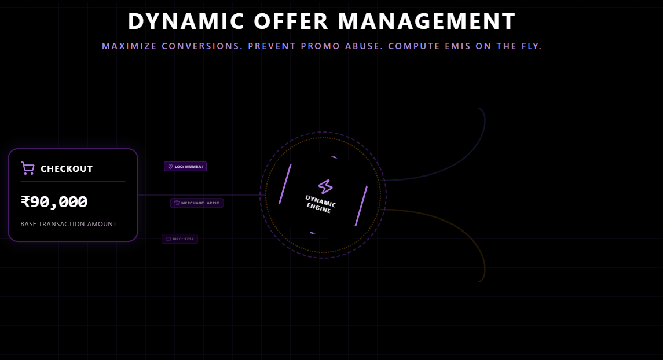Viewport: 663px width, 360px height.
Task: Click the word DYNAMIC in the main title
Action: [x=177, y=21]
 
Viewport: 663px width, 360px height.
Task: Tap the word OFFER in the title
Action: [x=282, y=21]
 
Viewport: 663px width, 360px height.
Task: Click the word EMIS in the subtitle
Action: [x=454, y=46]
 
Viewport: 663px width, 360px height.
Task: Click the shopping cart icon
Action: [x=27, y=168]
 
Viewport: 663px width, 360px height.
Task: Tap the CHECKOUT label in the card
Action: [x=67, y=169]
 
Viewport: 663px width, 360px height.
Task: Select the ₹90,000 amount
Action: [x=54, y=202]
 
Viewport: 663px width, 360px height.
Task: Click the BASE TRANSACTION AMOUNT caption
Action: [x=68, y=224]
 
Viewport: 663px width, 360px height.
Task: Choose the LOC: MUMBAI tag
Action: [x=185, y=167]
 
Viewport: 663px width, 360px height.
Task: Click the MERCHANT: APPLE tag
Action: [x=197, y=203]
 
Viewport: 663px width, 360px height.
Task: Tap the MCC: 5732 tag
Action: [x=180, y=239]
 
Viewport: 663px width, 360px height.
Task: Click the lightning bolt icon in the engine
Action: [x=325, y=186]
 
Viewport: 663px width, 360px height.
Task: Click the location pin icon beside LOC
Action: [x=170, y=167]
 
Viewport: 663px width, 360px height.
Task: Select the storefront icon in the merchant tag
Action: [x=177, y=203]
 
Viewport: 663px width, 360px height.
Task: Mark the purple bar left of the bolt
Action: [x=285, y=184]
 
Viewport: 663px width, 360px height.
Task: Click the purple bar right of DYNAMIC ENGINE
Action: [x=361, y=206]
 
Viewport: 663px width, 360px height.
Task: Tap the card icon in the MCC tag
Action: [x=168, y=239]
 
